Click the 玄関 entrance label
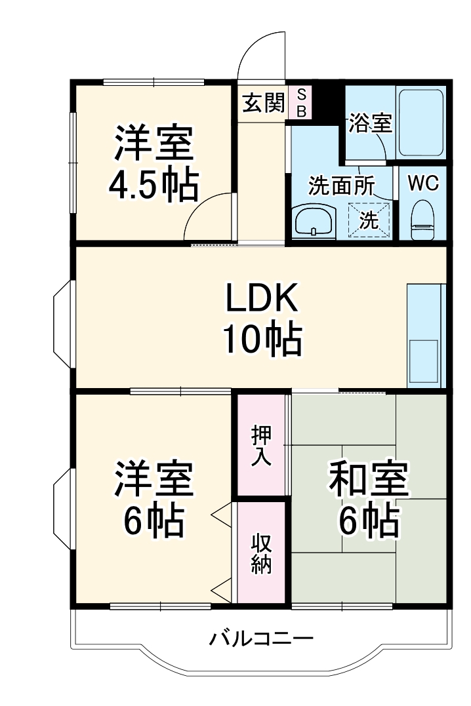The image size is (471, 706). [x=263, y=103]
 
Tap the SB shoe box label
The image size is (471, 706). [x=301, y=103]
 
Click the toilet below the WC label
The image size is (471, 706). [x=422, y=221]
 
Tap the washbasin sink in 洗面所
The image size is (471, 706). [x=314, y=220]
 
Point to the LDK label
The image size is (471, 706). [x=262, y=300]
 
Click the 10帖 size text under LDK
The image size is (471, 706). [x=262, y=339]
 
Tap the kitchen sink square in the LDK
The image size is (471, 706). [x=424, y=359]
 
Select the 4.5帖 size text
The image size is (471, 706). [x=153, y=186]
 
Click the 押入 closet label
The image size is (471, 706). [x=261, y=446]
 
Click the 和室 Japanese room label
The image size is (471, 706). [x=369, y=480]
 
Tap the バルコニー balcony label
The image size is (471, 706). [x=261, y=638]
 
